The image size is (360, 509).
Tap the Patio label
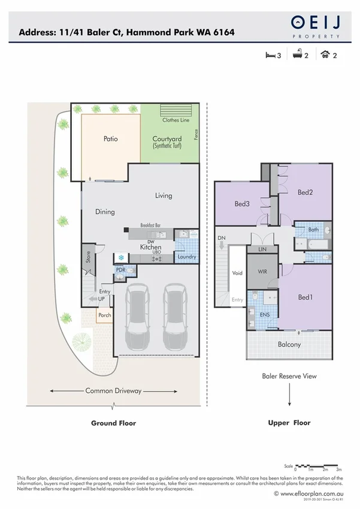tap(110, 139)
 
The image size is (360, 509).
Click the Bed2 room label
tap(305, 192)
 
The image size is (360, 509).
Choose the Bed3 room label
tap(242, 204)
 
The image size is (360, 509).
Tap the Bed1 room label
tap(305, 297)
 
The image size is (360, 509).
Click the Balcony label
tap(289, 345)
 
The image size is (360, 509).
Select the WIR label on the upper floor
tap(262, 271)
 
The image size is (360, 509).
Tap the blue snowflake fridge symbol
tap(121, 257)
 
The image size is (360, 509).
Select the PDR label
tap(120, 270)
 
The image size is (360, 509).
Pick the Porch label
tap(104, 315)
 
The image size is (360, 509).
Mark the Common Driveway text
tap(113, 391)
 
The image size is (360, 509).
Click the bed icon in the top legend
tap(270, 56)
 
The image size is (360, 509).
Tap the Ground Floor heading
tap(113, 423)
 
